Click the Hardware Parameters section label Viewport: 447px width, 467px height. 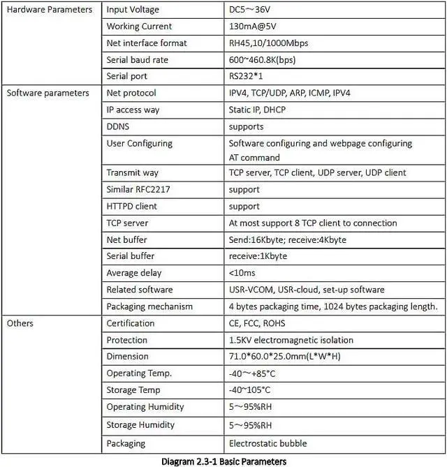[x=49, y=10]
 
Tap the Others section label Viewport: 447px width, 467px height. [x=20, y=323]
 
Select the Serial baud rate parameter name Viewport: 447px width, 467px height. [x=137, y=60]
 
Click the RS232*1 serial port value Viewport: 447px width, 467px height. [x=247, y=77]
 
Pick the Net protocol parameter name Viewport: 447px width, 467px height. [x=131, y=93]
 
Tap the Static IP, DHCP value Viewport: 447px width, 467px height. [x=257, y=110]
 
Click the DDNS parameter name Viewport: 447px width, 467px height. [x=118, y=126]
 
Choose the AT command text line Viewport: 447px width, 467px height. [x=254, y=158]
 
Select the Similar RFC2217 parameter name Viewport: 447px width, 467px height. [x=138, y=190]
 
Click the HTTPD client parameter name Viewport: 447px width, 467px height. [x=131, y=207]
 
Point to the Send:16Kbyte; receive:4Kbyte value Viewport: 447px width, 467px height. [x=287, y=240]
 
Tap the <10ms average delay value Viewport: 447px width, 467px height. [x=242, y=273]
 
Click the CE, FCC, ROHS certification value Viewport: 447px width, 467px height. [x=257, y=323]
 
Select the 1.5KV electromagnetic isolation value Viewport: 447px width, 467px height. [x=291, y=340]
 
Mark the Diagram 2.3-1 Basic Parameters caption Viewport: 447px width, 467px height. [x=223, y=461]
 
